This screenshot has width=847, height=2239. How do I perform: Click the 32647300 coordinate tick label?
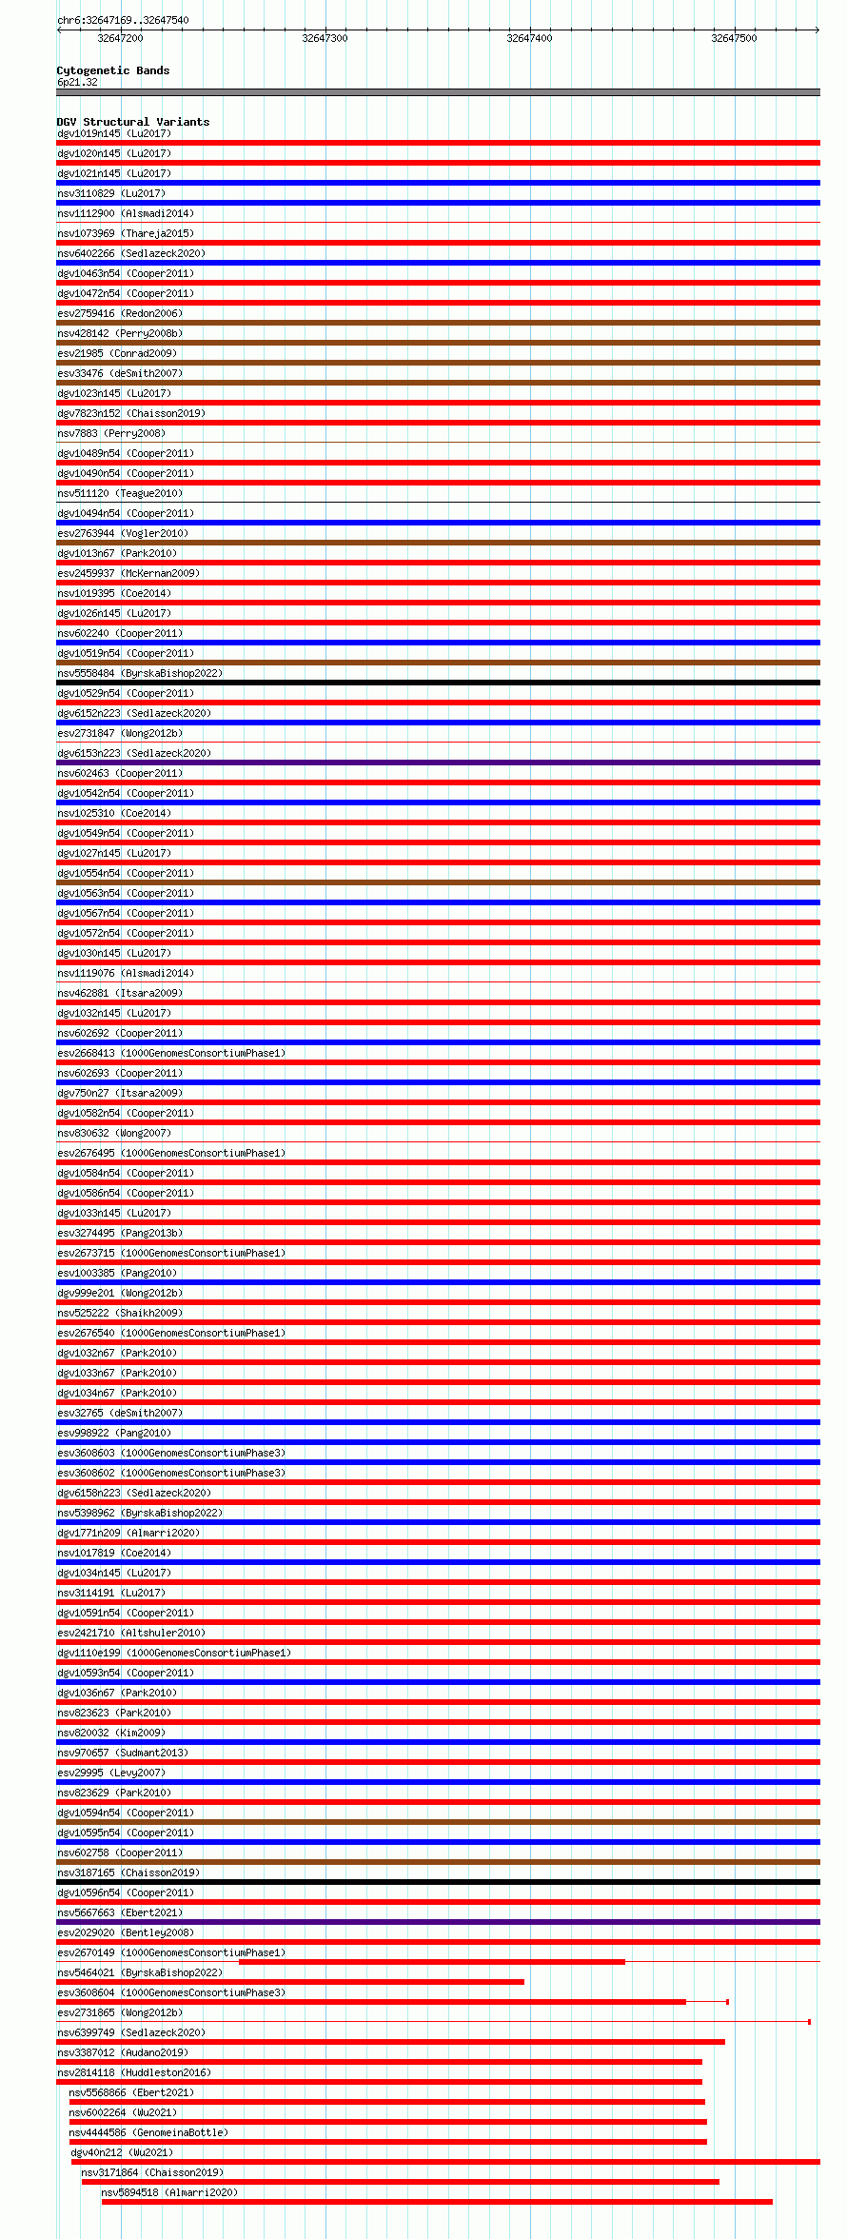click(325, 38)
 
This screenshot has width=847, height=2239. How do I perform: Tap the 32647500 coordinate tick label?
click(734, 38)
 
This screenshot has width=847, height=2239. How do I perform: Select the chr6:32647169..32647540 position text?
click(123, 20)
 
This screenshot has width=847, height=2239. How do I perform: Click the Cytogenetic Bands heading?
click(112, 70)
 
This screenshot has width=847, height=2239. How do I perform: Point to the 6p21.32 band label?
click(77, 82)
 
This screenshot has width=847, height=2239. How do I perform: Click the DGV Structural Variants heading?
click(132, 122)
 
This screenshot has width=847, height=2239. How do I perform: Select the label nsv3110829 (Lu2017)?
click(110, 193)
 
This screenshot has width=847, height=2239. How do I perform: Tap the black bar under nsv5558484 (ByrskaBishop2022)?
click(438, 683)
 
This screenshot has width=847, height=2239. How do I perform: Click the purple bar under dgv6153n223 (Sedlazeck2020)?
click(438, 763)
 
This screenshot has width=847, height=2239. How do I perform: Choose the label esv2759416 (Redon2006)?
click(119, 313)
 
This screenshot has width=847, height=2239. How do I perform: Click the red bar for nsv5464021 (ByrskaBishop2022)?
click(290, 1982)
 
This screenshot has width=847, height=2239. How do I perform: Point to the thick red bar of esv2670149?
click(431, 1962)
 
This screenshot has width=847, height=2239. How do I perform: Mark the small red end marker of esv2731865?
click(809, 2022)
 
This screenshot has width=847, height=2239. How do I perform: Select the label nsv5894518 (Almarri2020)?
click(169, 2192)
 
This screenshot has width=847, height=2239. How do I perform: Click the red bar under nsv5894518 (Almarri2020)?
click(437, 2202)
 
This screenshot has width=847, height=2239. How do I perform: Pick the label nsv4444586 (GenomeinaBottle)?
click(148, 2132)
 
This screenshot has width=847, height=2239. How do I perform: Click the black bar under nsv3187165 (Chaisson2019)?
click(438, 1882)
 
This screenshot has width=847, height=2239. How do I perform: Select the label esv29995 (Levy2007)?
click(110, 1773)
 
